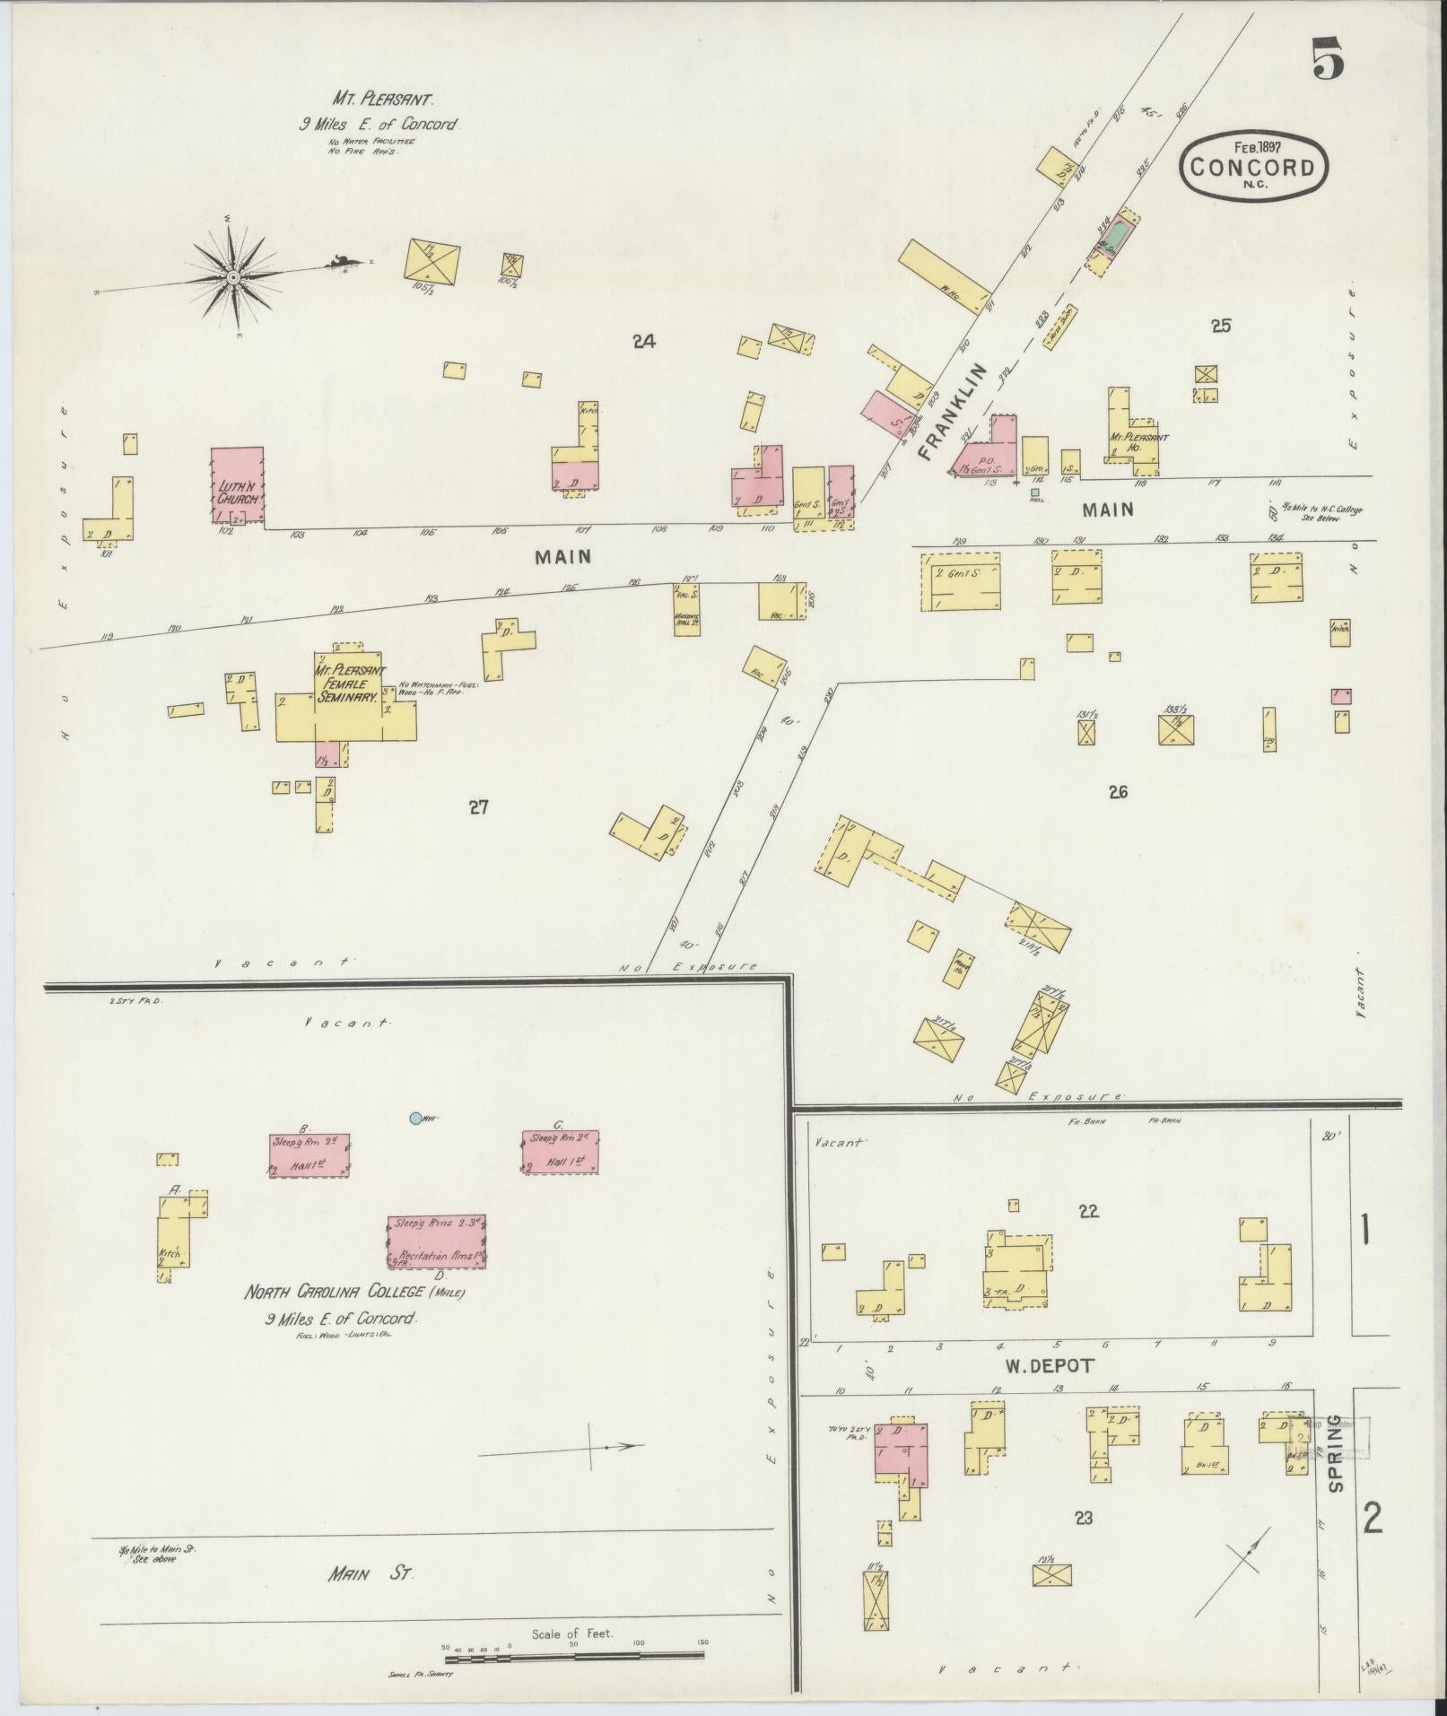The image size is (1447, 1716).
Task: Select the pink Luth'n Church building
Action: (x=238, y=484)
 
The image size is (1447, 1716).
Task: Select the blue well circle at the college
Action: (x=415, y=1118)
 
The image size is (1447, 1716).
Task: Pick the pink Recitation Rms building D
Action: (x=436, y=1241)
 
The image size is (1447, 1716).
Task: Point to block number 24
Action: (x=643, y=341)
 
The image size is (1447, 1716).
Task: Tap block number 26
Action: (x=1117, y=791)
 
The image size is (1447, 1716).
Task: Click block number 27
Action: (x=478, y=807)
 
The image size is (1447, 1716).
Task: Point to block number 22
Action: (x=1088, y=1211)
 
